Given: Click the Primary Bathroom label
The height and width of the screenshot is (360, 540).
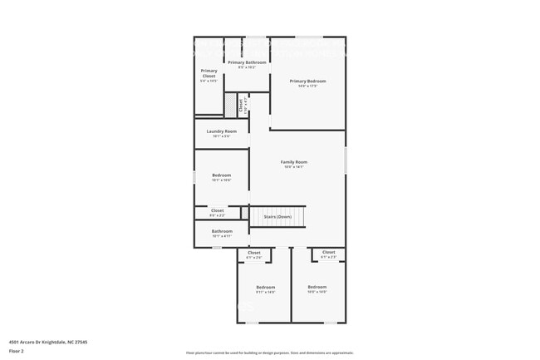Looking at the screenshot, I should click(x=247, y=62).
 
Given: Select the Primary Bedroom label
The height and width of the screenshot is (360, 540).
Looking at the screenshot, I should click(x=307, y=81).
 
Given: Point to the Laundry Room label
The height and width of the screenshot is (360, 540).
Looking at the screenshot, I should click(x=221, y=131).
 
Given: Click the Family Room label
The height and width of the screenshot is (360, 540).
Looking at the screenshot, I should click(x=293, y=161).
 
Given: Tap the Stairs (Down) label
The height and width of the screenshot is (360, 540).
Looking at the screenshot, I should click(x=277, y=217).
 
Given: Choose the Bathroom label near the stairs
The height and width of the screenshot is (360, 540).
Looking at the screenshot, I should click(x=221, y=231).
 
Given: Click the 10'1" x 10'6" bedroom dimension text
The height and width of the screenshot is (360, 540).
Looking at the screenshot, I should click(x=221, y=180).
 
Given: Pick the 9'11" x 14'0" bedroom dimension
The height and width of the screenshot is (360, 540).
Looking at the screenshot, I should click(x=266, y=292).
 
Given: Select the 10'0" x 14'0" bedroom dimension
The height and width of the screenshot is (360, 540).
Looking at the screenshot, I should click(x=317, y=291).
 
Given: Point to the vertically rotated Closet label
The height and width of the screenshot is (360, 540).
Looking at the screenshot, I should click(x=242, y=105).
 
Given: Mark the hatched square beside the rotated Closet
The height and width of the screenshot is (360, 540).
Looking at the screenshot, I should click(x=229, y=105).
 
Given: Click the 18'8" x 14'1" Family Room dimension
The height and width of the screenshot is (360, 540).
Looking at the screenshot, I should click(x=293, y=166).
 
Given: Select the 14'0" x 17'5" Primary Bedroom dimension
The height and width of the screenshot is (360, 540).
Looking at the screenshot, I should click(x=307, y=86).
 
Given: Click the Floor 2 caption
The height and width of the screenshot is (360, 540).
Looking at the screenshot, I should click(x=17, y=352).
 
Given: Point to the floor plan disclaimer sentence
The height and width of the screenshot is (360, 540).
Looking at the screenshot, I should click(x=269, y=353).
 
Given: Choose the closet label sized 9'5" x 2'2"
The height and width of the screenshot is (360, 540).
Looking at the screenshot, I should click(x=217, y=215).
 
